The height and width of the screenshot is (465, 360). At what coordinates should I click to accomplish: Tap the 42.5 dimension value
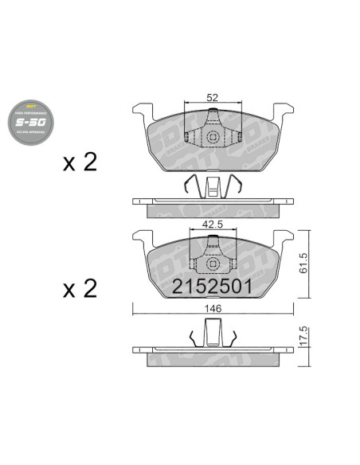click(211, 225)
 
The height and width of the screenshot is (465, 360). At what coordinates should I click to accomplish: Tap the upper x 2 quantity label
click(80, 162)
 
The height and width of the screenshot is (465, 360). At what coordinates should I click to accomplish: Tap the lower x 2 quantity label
click(80, 287)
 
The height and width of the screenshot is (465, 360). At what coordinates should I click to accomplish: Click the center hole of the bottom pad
click(213, 264)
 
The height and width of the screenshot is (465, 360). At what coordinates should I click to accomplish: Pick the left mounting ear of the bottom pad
click(143, 236)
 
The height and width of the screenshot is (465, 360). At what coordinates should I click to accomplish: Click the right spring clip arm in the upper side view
click(237, 186)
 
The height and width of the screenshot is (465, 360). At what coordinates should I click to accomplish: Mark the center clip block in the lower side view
click(213, 332)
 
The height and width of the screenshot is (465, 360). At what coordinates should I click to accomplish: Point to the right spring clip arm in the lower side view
click(232, 338)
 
